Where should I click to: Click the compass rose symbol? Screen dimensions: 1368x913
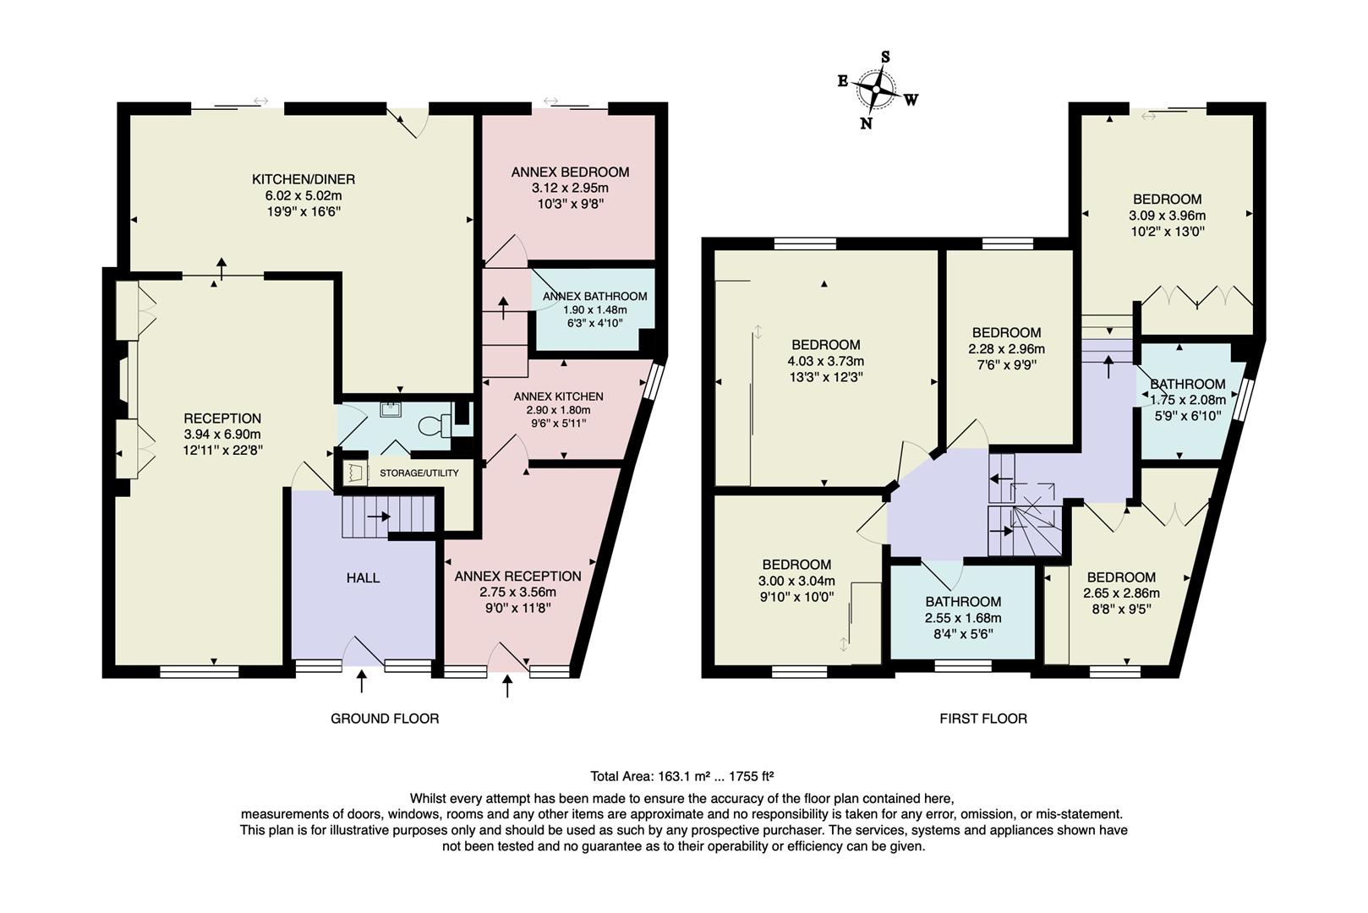pos(877,90)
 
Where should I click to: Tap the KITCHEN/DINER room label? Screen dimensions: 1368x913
pos(304,179)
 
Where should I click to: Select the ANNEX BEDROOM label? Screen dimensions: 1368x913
pos(571,172)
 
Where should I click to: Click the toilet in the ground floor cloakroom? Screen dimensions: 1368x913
pos(435,426)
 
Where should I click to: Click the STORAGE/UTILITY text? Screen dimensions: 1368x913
pos(419,473)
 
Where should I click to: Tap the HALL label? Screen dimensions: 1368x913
pos(364,577)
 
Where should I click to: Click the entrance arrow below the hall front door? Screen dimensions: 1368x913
pos(362,681)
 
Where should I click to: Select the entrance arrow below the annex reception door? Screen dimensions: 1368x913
pos(507,686)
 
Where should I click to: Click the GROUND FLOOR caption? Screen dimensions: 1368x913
pos(385,719)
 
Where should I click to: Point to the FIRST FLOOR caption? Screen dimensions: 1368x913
pos(983,719)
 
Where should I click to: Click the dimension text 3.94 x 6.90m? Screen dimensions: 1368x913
pos(222,435)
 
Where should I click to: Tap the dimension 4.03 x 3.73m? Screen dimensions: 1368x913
pos(826,361)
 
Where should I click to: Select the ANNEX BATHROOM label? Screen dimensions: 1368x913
pos(595,296)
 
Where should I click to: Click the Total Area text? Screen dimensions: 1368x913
pos(681,776)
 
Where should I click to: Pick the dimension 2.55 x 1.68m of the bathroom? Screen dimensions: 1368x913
pos(963,617)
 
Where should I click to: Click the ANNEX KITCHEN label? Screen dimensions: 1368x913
pos(558,396)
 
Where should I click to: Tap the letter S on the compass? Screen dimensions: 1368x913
pos(885,57)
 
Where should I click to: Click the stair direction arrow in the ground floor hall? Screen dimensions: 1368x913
pos(379,517)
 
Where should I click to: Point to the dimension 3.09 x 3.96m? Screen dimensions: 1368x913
pos(1167,216)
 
